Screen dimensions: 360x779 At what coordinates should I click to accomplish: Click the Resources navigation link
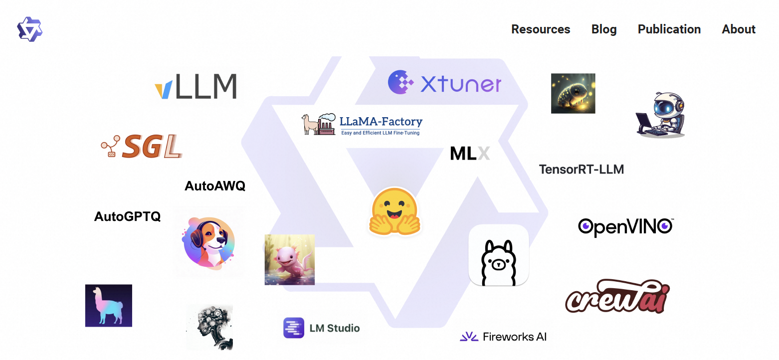click(541, 29)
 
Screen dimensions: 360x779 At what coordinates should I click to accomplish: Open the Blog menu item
click(604, 29)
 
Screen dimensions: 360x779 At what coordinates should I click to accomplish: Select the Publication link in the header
click(669, 29)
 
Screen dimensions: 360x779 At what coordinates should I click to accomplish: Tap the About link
click(739, 29)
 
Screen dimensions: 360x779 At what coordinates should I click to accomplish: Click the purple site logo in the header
click(29, 29)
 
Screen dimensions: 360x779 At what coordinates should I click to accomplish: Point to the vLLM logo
click(195, 86)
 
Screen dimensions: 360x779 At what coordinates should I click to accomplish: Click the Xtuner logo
click(445, 83)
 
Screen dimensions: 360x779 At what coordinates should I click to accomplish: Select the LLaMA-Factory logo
click(362, 124)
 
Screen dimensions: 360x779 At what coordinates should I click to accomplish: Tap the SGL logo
click(142, 147)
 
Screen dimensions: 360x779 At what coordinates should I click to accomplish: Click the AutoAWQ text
click(215, 186)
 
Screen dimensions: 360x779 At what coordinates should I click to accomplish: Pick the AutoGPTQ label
click(127, 216)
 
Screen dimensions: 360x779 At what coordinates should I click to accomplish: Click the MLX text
click(470, 154)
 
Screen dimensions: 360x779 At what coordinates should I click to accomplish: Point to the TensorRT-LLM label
click(581, 170)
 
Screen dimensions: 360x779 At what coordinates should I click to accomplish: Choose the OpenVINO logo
click(626, 227)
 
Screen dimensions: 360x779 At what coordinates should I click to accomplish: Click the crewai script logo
click(617, 296)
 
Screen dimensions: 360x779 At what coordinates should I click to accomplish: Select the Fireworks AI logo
click(503, 337)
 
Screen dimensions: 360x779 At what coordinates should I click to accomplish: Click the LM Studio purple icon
click(294, 328)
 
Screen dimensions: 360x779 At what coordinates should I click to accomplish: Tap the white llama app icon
click(498, 255)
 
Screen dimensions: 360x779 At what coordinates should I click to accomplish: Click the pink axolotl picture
click(289, 259)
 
